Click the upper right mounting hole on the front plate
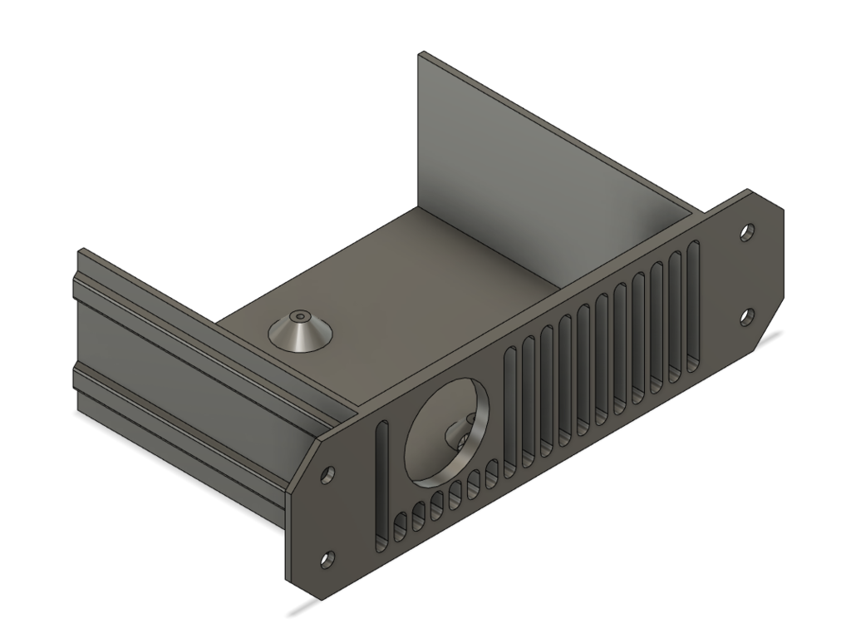pyautogui.click(x=748, y=230)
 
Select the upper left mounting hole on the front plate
pyautogui.click(x=328, y=473)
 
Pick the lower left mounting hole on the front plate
pyautogui.click(x=327, y=558)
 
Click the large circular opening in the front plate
pyautogui.click(x=446, y=437)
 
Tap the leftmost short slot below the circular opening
pyautogui.click(x=399, y=526)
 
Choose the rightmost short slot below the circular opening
pyautogui.click(x=491, y=475)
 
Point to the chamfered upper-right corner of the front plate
pyautogui.click(x=770, y=200)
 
